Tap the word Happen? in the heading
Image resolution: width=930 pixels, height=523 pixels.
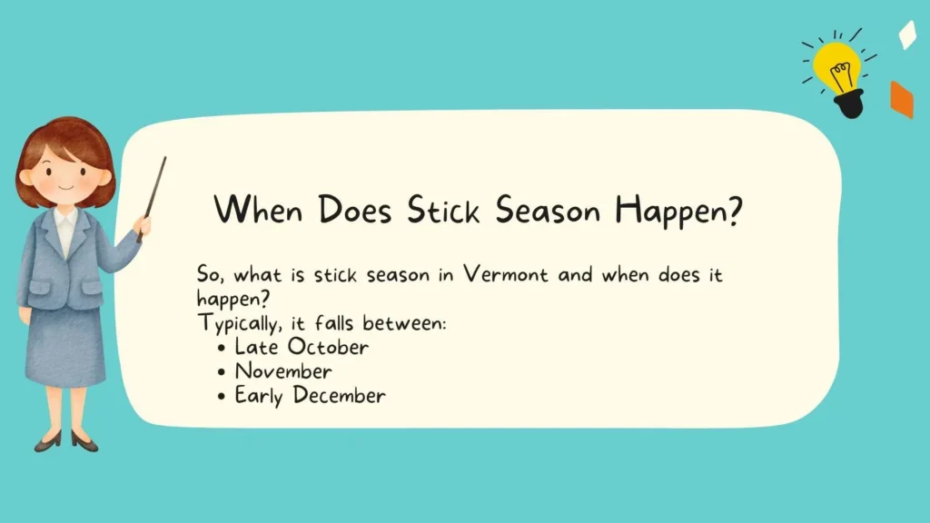click(680, 212)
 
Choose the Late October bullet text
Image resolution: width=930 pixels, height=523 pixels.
click(302, 347)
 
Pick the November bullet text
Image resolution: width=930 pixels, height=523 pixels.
click(283, 371)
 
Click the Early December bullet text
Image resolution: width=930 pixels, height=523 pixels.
click(310, 396)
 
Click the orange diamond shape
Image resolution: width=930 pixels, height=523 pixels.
click(901, 99)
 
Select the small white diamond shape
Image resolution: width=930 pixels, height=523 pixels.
click(906, 35)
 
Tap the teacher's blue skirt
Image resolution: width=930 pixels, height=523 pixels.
click(64, 345)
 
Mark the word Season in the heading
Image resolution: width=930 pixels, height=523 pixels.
click(550, 211)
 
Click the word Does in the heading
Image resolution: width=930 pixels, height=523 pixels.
click(354, 211)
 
